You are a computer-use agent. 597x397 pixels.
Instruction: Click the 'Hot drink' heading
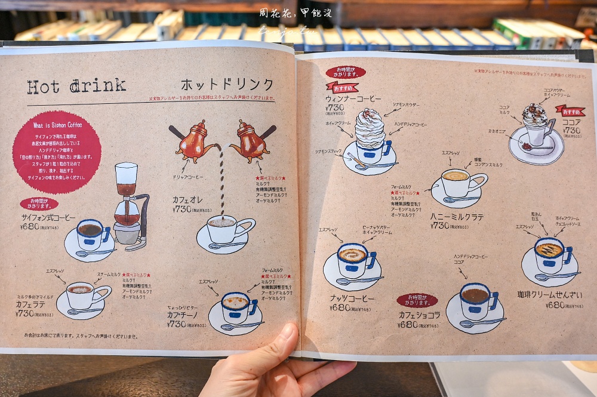coord(76,87)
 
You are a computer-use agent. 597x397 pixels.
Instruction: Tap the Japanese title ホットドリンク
coord(227,84)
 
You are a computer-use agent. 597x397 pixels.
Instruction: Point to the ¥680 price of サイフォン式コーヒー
coord(31,226)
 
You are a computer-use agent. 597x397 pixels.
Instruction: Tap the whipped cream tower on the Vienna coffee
coord(370,128)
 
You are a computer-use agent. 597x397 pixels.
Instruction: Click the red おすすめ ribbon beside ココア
coord(570,111)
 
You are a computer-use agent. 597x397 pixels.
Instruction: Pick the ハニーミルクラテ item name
coord(457,217)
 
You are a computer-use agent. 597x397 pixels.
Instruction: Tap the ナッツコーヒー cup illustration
coord(353,263)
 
